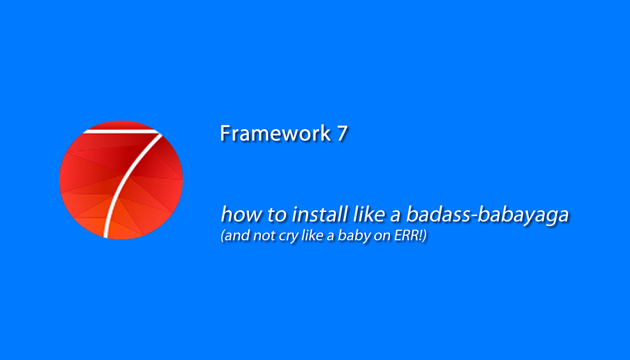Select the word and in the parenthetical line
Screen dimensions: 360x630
236,237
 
